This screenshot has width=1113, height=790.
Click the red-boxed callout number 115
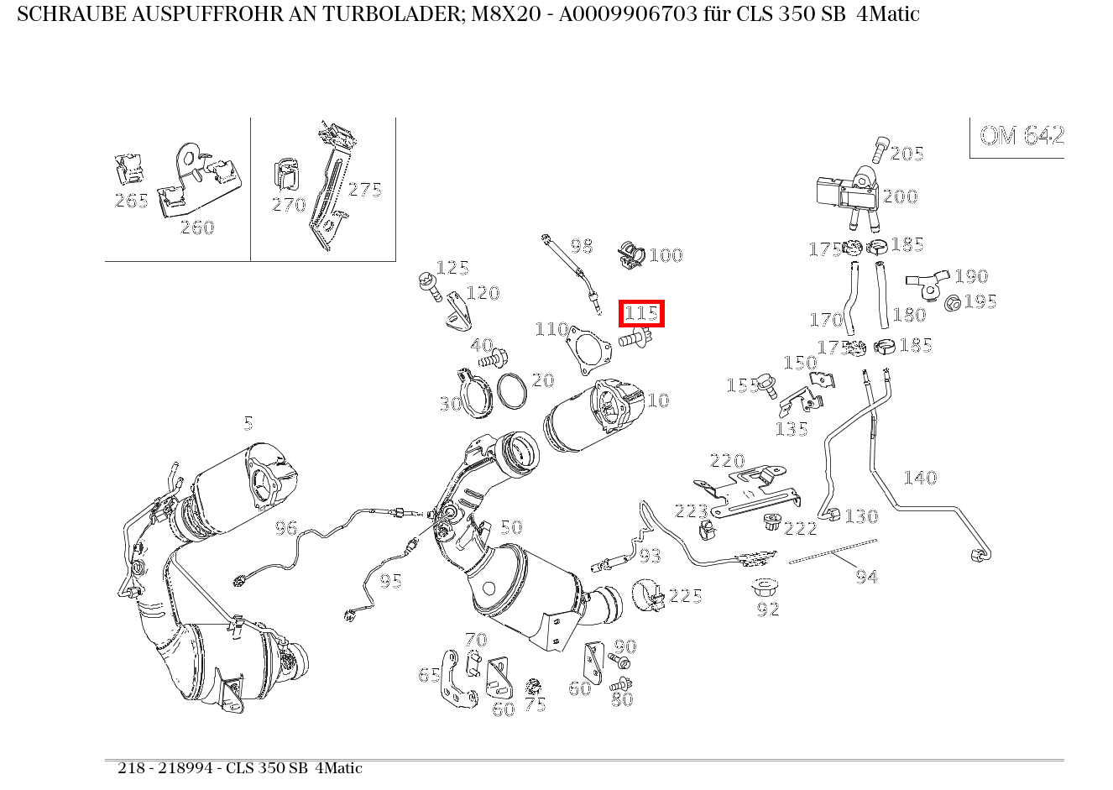click(x=641, y=314)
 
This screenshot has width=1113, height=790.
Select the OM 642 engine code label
click(x=1021, y=136)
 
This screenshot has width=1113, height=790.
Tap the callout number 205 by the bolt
click(x=907, y=153)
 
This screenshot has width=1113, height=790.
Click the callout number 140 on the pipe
click(x=919, y=478)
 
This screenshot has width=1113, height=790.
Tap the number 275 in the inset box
click(x=364, y=190)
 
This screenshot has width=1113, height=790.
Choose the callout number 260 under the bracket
click(x=197, y=228)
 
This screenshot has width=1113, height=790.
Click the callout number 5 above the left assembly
click(x=248, y=423)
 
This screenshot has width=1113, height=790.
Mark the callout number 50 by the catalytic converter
click(x=510, y=527)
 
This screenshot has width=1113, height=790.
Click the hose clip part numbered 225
click(x=648, y=594)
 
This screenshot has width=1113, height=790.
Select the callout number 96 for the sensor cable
click(x=286, y=528)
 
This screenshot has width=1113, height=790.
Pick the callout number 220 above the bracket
click(x=727, y=461)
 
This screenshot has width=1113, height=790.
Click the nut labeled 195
click(x=953, y=302)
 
